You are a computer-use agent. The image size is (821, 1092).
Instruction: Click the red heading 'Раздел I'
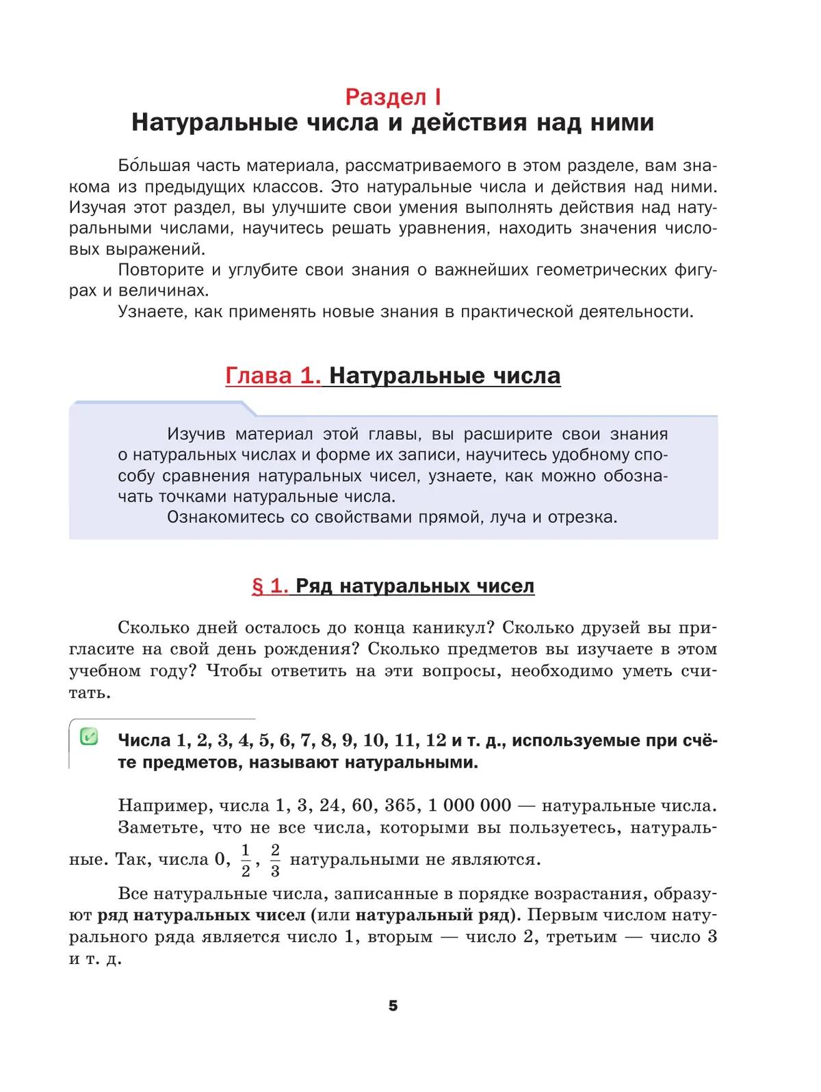coord(393,97)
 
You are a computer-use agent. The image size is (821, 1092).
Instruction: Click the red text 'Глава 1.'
coord(273,376)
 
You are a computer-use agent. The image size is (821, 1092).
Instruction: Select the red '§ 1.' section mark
coord(270,586)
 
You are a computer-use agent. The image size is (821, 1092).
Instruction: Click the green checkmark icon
coord(89,737)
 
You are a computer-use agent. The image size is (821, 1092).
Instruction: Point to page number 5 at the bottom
coord(393,1005)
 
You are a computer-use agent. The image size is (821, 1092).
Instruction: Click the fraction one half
coord(246,860)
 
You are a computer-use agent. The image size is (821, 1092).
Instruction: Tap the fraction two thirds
coord(275,860)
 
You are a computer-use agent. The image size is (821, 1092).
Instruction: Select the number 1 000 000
coord(469,805)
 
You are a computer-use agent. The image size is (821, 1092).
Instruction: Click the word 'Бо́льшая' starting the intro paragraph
coord(154,166)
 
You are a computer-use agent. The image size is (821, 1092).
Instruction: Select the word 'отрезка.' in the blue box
coord(589,517)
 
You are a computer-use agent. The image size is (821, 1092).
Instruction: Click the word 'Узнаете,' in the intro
coord(151,312)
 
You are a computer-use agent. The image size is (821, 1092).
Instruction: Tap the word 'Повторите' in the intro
coord(161,270)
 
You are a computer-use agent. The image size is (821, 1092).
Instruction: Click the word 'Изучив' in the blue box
coord(196,434)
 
